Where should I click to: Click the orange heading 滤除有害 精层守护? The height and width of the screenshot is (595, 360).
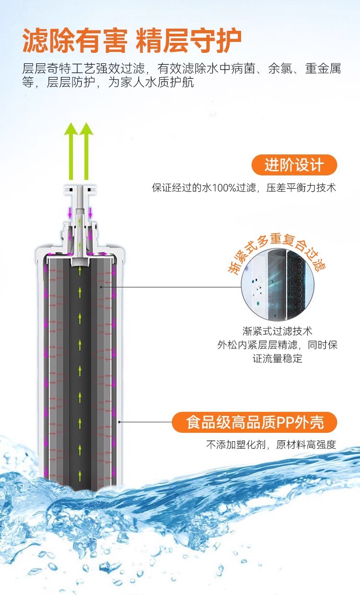point(132,41)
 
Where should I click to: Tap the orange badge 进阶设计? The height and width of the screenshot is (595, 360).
point(294,165)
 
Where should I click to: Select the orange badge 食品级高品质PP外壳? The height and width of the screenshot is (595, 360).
point(254,422)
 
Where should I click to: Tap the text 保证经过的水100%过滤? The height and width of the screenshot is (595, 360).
point(207,188)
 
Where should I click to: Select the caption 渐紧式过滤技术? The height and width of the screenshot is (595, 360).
point(278,331)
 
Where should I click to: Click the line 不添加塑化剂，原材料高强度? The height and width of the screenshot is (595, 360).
point(271,445)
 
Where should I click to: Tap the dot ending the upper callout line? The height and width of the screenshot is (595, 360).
point(101,287)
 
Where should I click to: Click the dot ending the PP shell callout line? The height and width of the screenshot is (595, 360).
point(119,421)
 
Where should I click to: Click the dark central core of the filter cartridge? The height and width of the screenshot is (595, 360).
point(80,364)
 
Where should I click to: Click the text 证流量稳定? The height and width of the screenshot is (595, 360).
point(278,359)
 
